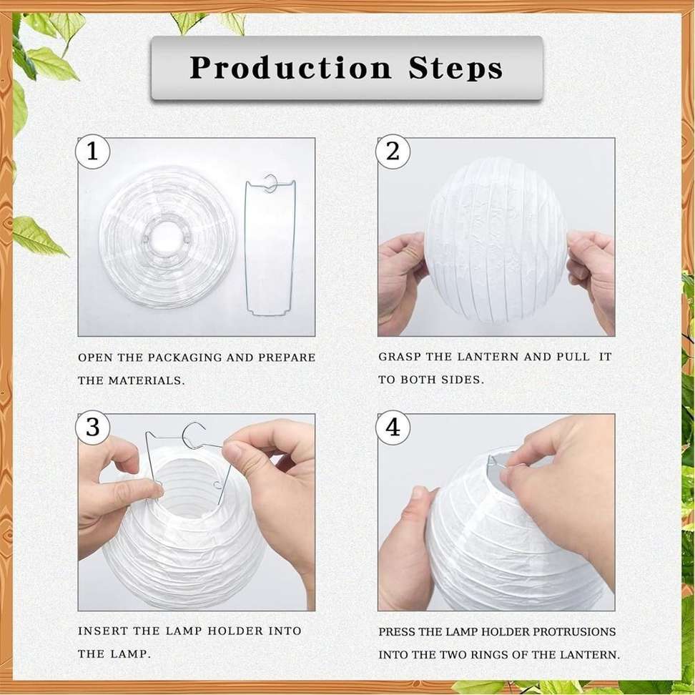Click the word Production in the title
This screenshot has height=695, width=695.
point(290,68)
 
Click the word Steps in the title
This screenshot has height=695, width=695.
point(455,68)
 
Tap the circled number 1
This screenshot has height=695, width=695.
point(92,152)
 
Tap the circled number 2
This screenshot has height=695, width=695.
point(393,152)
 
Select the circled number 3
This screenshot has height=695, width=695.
point(92,428)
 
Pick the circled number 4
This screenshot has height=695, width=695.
point(393,428)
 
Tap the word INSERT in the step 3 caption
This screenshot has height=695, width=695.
point(102,631)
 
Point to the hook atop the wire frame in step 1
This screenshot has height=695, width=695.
point(270,182)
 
